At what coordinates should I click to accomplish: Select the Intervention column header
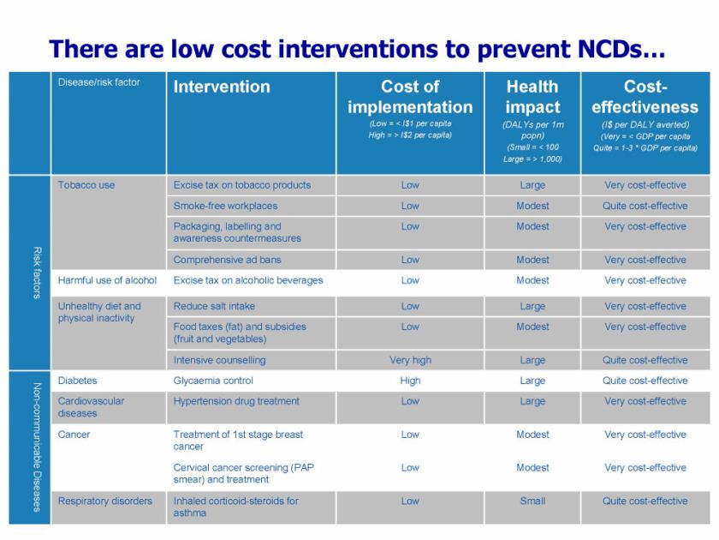222,87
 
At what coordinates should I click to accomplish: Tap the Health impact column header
532,97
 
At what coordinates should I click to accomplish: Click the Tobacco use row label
86,185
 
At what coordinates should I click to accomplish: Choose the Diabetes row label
78,381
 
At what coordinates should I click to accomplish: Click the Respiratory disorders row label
105,501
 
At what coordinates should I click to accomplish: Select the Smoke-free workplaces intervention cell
225,206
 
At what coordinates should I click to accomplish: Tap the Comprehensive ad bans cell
227,260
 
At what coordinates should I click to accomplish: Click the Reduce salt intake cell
214,306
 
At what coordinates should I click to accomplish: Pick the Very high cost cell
410,360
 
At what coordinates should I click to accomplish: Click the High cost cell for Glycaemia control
410,381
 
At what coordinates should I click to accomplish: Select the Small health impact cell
532,501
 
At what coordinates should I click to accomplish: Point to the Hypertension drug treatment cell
236,401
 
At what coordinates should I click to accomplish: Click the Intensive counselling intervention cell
219,360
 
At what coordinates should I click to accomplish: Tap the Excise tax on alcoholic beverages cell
248,280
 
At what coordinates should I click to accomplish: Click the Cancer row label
74,435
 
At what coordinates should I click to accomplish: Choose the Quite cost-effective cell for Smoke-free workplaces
645,206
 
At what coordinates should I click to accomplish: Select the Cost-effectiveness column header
645,97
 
